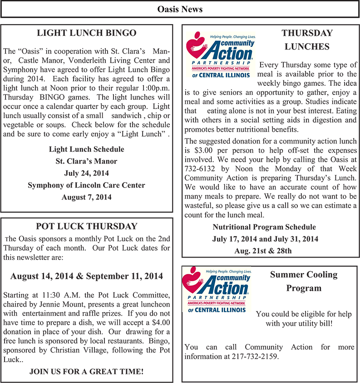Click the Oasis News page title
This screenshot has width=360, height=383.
click(x=180, y=9)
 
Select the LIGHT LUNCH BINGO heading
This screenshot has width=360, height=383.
click(x=86, y=33)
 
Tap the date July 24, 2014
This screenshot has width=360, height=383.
click(x=86, y=173)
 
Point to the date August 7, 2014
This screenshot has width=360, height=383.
click(x=86, y=197)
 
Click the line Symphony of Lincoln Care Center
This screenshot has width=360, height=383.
click(x=86, y=185)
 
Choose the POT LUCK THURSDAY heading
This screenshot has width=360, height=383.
click(x=86, y=226)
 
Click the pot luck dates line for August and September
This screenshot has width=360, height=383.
click(x=86, y=276)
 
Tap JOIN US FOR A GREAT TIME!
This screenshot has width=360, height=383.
click(x=86, y=372)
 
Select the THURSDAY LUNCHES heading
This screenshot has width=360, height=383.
click(x=307, y=40)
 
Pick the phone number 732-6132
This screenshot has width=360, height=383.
click(x=199, y=169)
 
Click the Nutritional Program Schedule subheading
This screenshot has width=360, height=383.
click(x=264, y=227)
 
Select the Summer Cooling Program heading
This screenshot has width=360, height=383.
click(x=304, y=281)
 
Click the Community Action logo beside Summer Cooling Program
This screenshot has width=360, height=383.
click(x=216, y=290)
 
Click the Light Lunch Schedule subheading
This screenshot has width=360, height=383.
click(x=86, y=149)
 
